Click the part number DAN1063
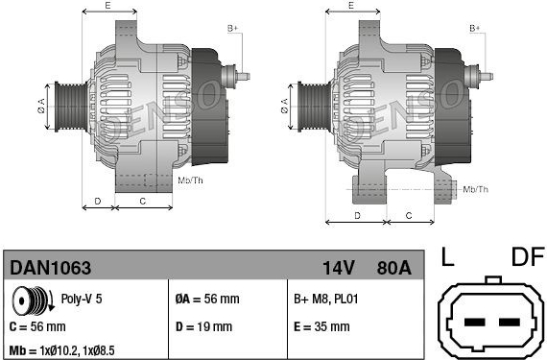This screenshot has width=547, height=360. pos(51,268)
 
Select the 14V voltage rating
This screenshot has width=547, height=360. pos(339,268)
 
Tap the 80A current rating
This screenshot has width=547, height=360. pos(393,268)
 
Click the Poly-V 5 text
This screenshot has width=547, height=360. pos(82,299)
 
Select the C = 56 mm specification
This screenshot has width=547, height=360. pos(37,326)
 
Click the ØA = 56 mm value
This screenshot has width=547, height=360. pos(207,299)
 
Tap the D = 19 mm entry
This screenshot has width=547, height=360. pos(203,326)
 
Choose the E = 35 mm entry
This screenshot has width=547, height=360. pos(321,326)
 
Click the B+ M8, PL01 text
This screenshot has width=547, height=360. pos(326,299)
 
